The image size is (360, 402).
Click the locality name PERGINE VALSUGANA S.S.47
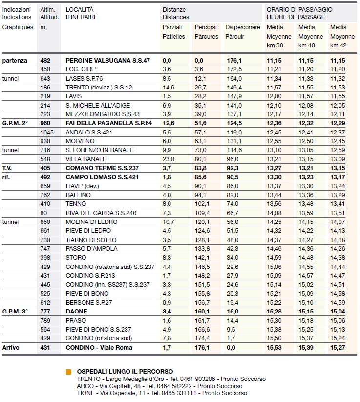[x=107, y=60]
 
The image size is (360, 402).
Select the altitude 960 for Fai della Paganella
[x=46, y=123]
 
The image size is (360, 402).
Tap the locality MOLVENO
[x=79, y=141]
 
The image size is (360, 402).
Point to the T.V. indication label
[x=7, y=168]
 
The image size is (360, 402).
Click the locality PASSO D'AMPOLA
[x=91, y=248]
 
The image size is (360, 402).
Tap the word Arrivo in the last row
[x=11, y=347]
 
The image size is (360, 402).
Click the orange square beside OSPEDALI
[x=69, y=372]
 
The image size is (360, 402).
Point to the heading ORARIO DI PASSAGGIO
[x=299, y=9]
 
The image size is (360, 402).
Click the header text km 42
[x=339, y=45]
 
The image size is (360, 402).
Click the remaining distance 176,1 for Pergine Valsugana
[x=234, y=60]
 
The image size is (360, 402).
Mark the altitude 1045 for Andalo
[x=47, y=132]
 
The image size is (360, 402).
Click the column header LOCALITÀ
[x=79, y=9]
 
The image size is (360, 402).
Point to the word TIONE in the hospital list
[x=85, y=393]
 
